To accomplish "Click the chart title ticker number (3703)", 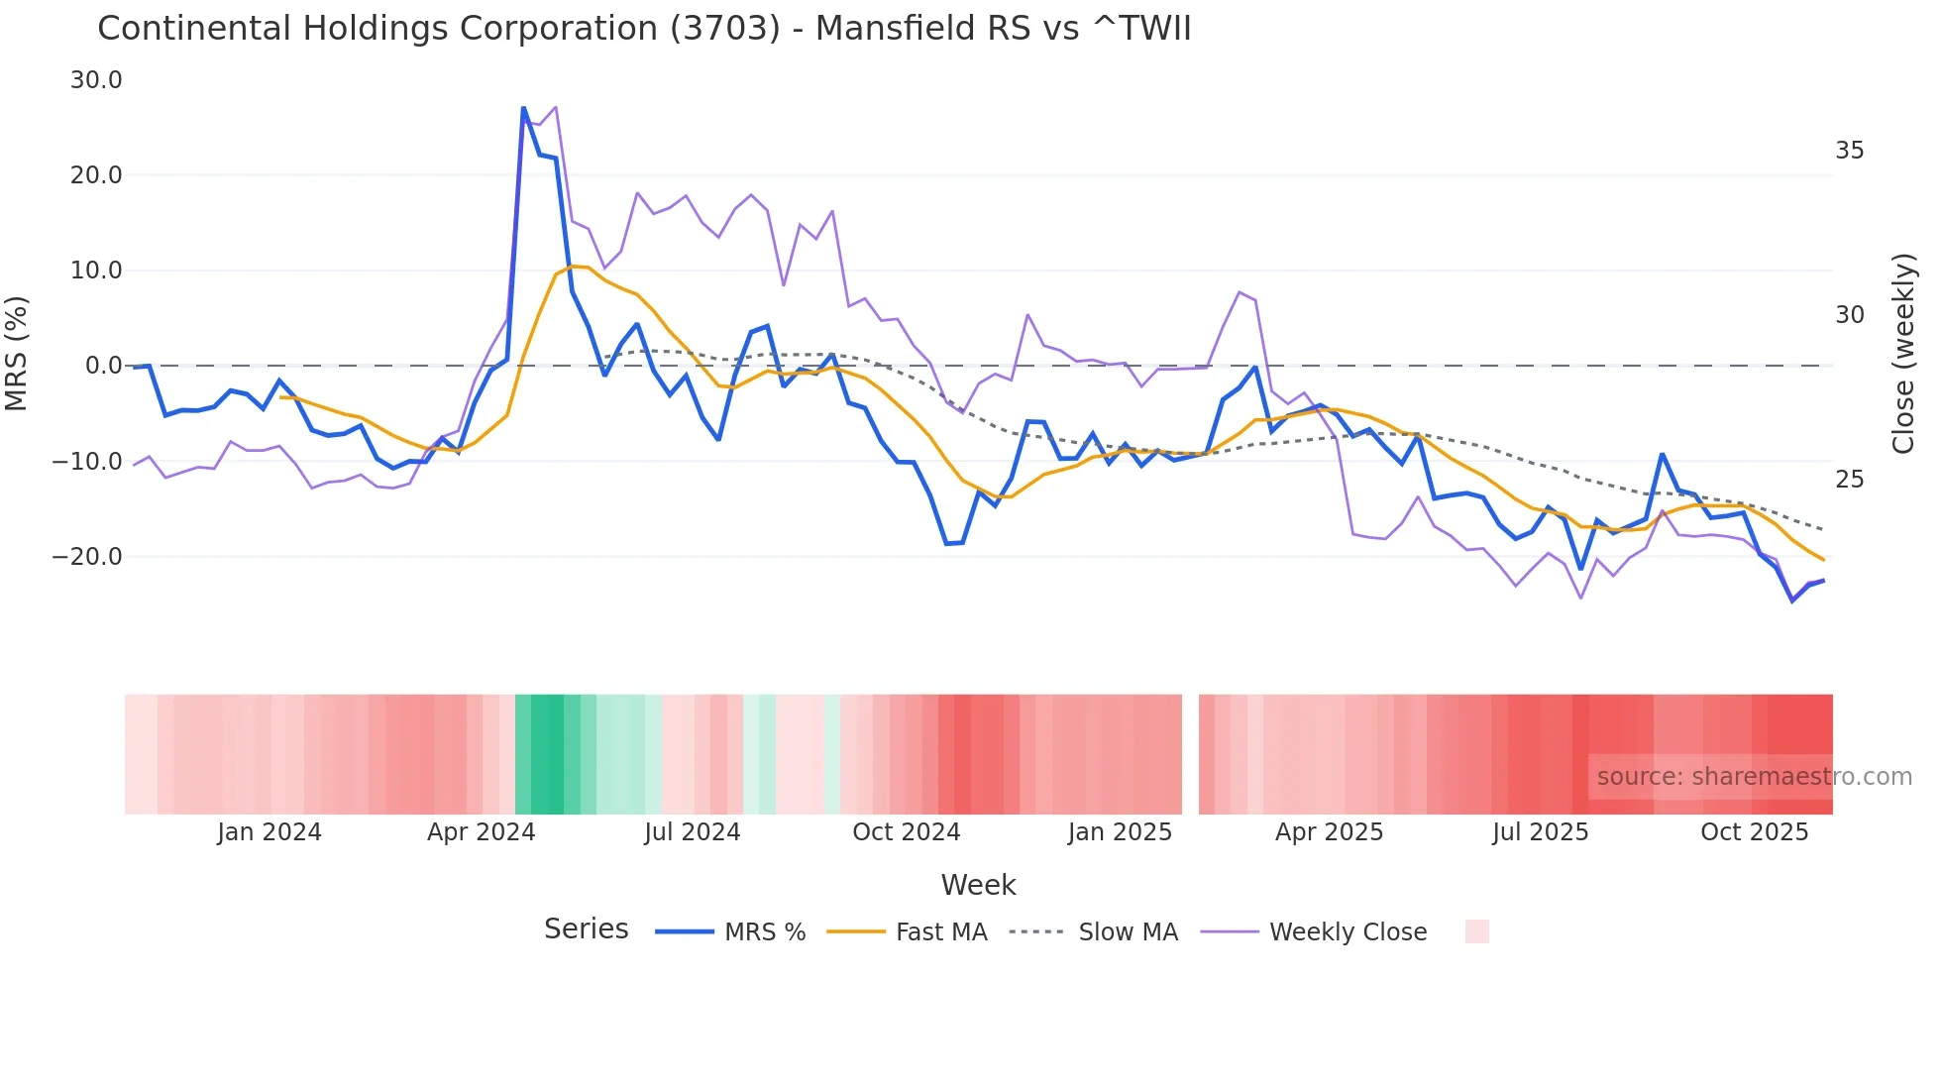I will (x=725, y=29).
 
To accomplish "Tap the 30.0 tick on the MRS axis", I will (x=96, y=80).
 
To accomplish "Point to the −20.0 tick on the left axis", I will (x=87, y=557).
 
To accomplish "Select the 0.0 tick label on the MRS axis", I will (x=104, y=366).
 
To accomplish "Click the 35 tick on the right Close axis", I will (x=1849, y=151).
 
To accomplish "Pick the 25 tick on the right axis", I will (x=1849, y=480).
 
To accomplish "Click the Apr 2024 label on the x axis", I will (x=481, y=832).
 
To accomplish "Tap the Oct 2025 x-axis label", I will (x=1754, y=832).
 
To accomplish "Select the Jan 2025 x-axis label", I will (x=1120, y=832).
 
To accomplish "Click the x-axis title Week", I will (x=978, y=885).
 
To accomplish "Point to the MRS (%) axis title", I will (x=17, y=354).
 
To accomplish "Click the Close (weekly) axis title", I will (x=1902, y=354).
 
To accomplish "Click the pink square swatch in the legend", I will (x=1476, y=931).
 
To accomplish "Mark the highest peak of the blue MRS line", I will (x=524, y=108).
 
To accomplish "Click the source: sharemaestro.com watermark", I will (x=1754, y=777).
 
